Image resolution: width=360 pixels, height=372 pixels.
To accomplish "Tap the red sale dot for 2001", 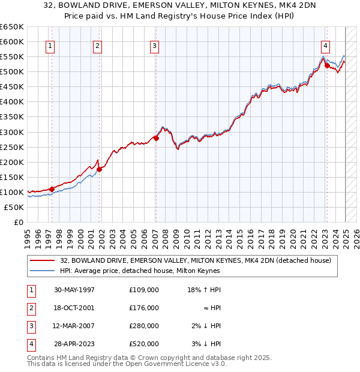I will pyautogui.click(x=100, y=169).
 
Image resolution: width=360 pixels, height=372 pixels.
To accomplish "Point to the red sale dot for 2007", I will pyautogui.click(x=156, y=138).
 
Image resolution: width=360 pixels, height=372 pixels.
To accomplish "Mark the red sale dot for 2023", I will pyautogui.click(x=327, y=65).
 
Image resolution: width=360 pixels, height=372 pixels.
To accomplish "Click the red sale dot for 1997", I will pyautogui.click(x=52, y=189).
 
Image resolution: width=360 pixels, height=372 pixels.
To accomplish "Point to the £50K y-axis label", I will pyautogui.click(x=14, y=207).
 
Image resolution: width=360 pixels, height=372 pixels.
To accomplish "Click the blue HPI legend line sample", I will pyautogui.click(x=43, y=271).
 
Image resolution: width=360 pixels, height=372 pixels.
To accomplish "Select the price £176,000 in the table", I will pyautogui.click(x=144, y=308).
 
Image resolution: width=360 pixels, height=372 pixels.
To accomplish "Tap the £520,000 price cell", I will pyautogui.click(x=144, y=344).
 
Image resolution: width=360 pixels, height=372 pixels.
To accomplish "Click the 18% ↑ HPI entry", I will pyautogui.click(x=206, y=290).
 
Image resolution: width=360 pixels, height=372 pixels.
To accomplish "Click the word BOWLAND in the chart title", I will pyautogui.click(x=124, y=5).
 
